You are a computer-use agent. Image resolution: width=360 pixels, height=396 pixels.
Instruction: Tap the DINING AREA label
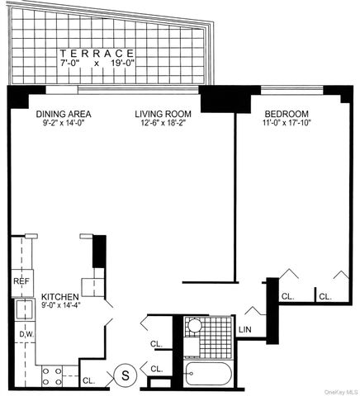click(63, 114)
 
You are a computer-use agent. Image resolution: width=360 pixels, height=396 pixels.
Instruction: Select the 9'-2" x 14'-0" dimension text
click(63, 124)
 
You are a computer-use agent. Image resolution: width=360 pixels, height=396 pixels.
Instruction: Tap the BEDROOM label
click(286, 114)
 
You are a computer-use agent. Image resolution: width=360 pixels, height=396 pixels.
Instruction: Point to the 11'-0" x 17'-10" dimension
click(286, 124)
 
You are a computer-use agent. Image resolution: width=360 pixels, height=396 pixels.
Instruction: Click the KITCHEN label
click(59, 296)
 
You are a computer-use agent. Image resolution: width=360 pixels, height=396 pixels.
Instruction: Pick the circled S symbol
click(125, 375)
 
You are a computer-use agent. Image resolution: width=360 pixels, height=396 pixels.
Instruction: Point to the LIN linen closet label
click(245, 330)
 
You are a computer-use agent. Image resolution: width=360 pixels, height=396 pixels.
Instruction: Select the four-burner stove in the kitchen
click(52, 375)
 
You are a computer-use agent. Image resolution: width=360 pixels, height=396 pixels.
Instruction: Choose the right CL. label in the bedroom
click(325, 295)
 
